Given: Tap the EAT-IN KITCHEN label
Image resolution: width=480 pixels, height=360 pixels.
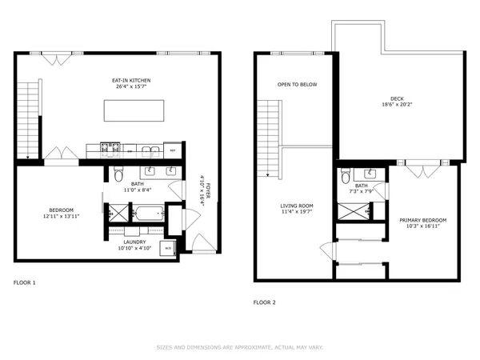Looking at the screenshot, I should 131,81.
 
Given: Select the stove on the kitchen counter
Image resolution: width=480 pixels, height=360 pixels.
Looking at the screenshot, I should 110,148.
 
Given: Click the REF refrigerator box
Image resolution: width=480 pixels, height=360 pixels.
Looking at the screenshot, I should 172,149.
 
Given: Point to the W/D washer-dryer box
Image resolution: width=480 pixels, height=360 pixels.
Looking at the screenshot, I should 168,247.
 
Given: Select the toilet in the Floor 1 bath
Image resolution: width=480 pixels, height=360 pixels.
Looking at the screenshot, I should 118,176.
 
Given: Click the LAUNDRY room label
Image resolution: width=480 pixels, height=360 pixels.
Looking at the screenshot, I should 134,242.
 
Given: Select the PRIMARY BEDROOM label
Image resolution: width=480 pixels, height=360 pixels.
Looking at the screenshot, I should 423,220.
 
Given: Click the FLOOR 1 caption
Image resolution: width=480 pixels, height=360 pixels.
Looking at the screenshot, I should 25,282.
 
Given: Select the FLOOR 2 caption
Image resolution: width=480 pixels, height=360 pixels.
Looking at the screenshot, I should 264,302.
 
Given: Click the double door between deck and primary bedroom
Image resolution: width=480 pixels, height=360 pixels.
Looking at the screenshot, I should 421,170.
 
